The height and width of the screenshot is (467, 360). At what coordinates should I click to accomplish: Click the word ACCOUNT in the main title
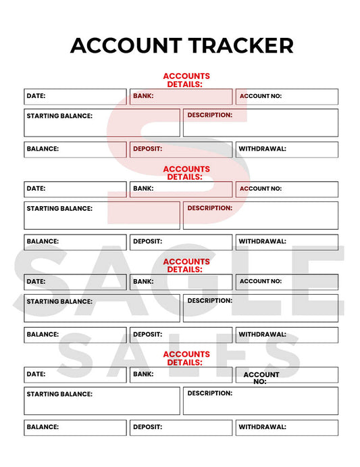(x=126, y=45)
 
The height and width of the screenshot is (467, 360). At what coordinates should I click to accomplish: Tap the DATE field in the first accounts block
(x=75, y=97)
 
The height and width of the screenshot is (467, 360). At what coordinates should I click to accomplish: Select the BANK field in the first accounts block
(x=181, y=97)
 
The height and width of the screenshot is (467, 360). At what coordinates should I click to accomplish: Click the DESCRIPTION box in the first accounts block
(x=261, y=123)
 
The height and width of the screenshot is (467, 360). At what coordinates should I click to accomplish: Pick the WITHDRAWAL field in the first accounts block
(x=287, y=149)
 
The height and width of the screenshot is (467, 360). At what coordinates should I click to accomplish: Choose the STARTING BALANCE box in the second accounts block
(x=102, y=215)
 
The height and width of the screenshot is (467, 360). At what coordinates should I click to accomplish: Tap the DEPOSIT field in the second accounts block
(x=181, y=242)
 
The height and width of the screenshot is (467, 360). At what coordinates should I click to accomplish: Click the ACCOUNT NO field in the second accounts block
(x=287, y=189)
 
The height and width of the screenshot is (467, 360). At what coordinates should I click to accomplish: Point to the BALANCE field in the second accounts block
(x=75, y=242)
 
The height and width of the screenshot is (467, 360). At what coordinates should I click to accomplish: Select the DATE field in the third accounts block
(x=75, y=282)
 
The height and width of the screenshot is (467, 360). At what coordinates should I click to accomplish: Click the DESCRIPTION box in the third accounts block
(x=261, y=308)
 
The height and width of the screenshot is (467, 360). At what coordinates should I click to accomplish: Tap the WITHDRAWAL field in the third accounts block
(x=287, y=335)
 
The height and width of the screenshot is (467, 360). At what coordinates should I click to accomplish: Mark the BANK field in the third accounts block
(x=181, y=282)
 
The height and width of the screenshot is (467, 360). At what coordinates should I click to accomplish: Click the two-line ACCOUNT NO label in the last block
(x=261, y=378)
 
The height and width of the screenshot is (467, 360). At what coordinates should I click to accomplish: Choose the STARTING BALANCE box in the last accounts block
(x=102, y=400)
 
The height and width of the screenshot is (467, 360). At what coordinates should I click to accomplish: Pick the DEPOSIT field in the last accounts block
(x=181, y=427)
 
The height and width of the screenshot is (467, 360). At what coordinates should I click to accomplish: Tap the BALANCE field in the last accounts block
(x=75, y=427)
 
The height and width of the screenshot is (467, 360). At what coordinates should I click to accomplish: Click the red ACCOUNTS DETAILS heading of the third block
(x=186, y=265)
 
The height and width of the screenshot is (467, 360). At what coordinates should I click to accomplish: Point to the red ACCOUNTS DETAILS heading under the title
(x=186, y=80)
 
